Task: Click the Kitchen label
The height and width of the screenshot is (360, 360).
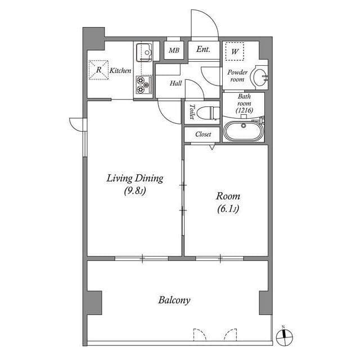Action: pos(120,71)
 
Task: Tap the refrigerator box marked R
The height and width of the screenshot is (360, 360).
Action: pos(98,70)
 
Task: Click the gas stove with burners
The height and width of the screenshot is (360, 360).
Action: pos(143,85)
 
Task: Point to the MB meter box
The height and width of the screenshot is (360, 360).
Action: pos(174,50)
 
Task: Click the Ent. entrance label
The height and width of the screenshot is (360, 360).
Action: pos(203,49)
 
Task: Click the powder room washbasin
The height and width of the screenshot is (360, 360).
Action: pos(259,77)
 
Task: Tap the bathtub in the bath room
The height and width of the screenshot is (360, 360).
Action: pos(243,131)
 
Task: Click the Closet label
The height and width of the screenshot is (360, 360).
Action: pos(203,134)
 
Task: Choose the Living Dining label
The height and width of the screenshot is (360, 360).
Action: pos(135,179)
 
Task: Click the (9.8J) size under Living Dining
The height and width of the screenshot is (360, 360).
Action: pos(135,192)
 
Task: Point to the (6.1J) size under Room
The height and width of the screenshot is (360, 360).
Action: pos(228,210)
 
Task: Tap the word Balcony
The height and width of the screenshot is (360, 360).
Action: pos(174,300)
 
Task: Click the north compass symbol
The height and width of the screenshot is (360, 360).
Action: pos(285,336)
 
